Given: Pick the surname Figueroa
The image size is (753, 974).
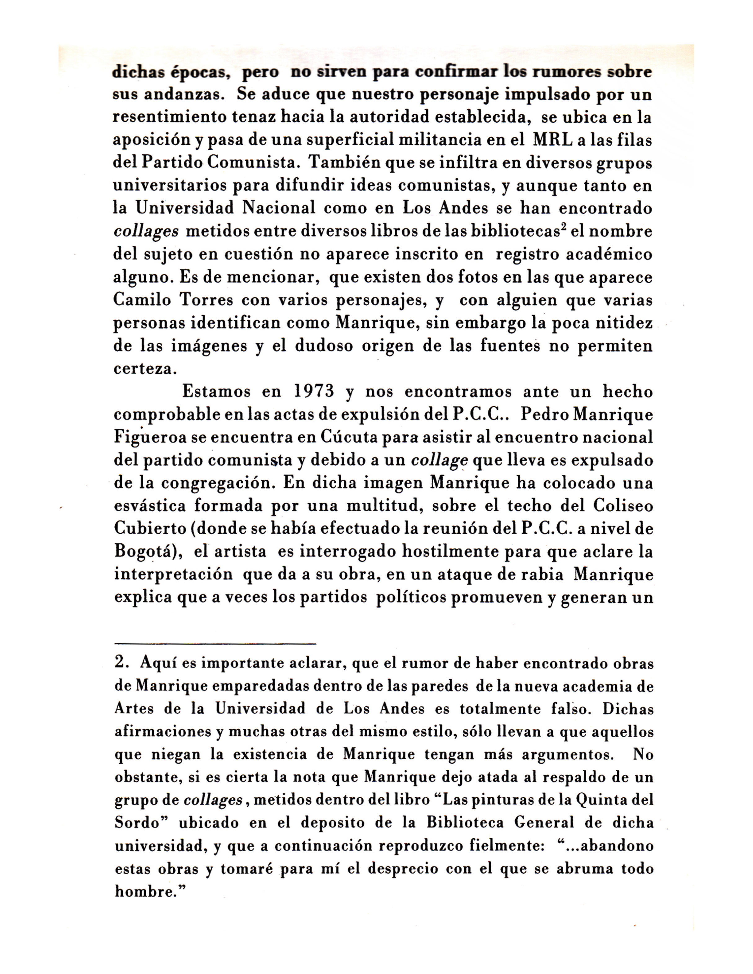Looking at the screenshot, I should [x=150, y=437].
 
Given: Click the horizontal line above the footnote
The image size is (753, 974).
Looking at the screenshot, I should [x=215, y=643].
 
